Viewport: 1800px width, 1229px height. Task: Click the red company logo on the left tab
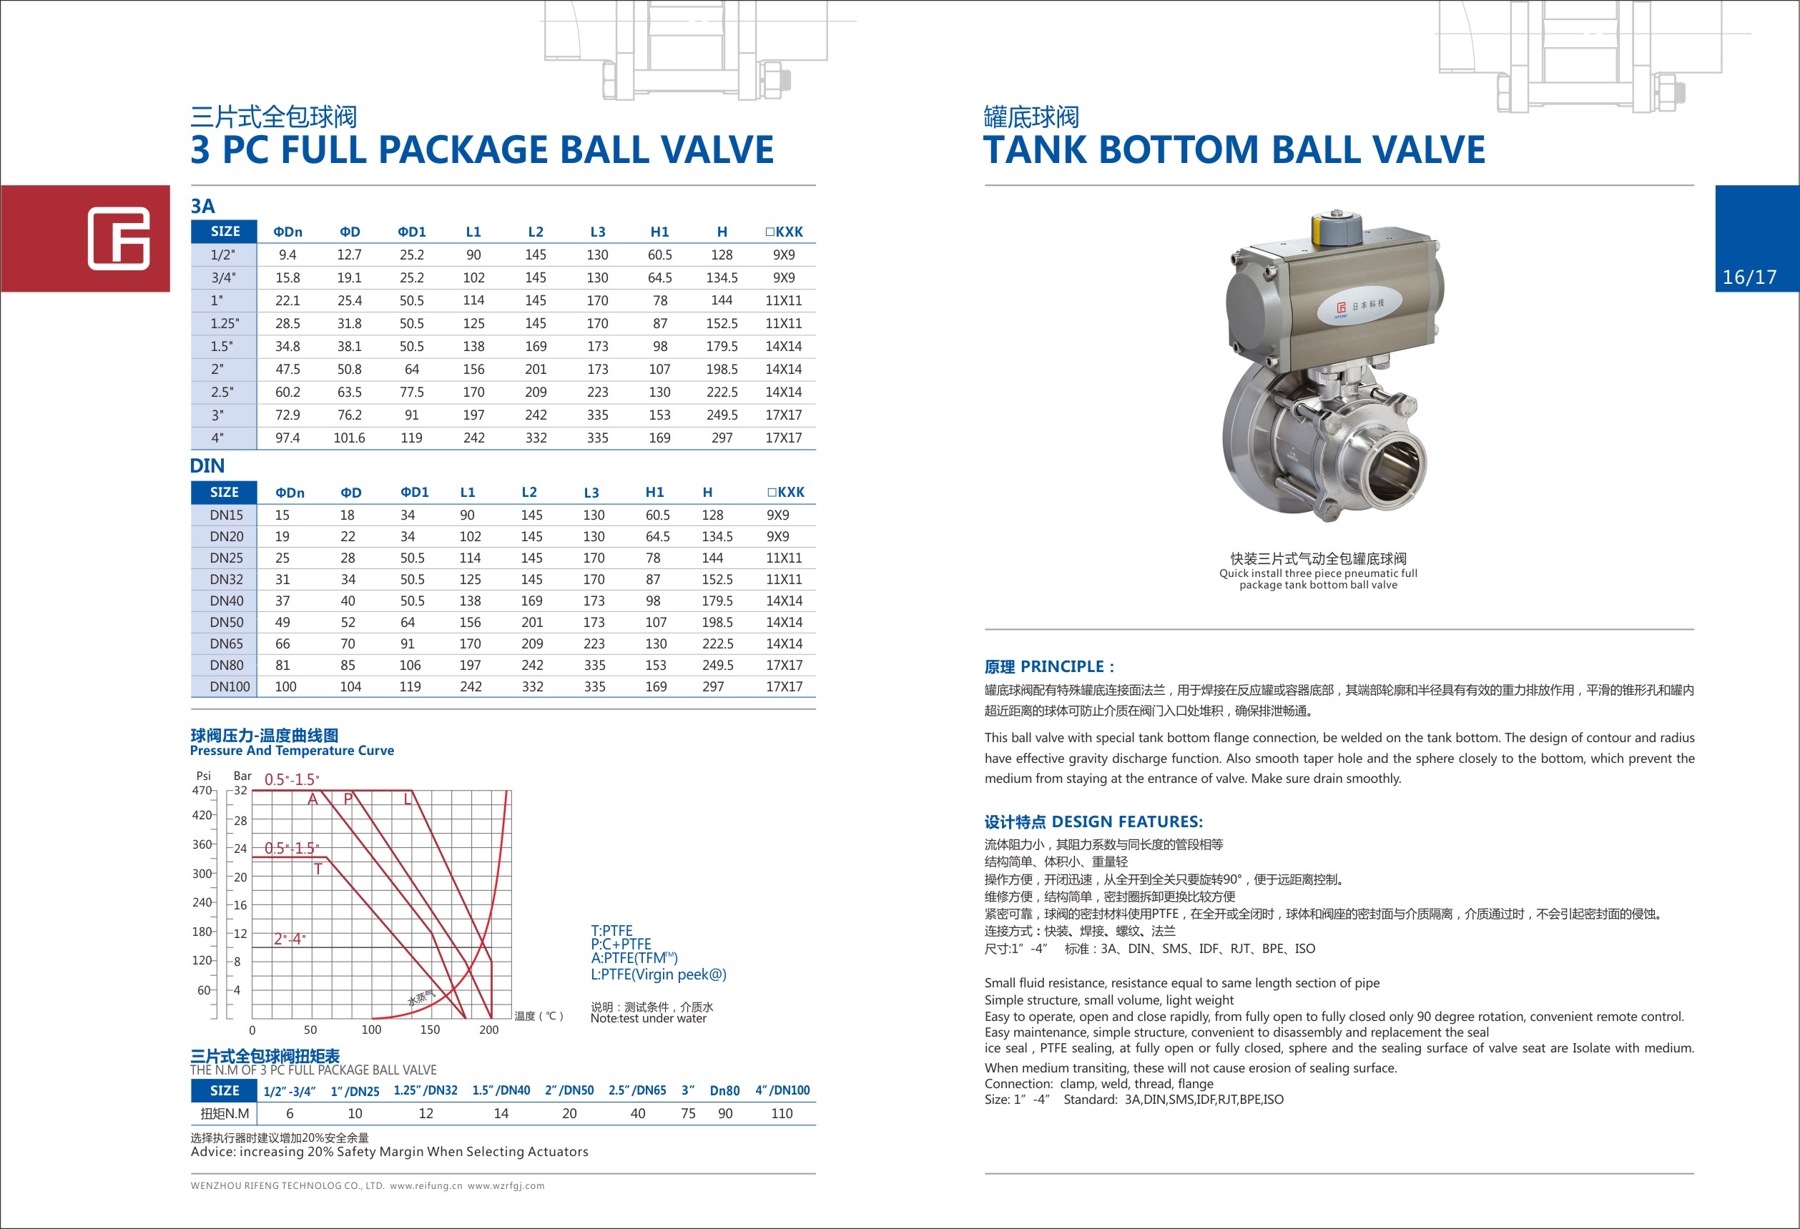(x=119, y=238)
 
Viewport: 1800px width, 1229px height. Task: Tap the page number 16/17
(x=1749, y=277)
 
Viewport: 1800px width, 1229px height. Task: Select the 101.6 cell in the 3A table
(x=349, y=438)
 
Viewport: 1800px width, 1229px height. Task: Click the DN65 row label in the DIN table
(x=226, y=643)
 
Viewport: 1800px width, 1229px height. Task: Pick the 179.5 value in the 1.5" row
(x=721, y=346)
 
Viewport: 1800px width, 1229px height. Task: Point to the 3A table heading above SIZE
(x=203, y=206)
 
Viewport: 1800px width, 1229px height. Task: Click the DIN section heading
(x=207, y=466)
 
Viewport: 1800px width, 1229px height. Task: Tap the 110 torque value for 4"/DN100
(x=782, y=1114)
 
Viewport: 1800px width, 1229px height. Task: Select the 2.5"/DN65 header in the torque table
(x=636, y=1090)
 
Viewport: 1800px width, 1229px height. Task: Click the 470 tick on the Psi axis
(x=202, y=791)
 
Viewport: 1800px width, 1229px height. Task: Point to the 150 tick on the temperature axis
(x=430, y=1030)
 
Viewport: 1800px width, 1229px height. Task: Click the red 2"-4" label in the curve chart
(x=290, y=939)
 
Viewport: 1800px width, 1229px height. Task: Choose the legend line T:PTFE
(x=612, y=931)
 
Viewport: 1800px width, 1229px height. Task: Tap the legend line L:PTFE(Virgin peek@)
(x=659, y=974)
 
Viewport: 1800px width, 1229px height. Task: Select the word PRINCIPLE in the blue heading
(x=1063, y=667)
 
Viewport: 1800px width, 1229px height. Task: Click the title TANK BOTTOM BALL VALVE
(x=1234, y=149)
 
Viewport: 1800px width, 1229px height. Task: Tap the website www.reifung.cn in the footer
(x=426, y=1185)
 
